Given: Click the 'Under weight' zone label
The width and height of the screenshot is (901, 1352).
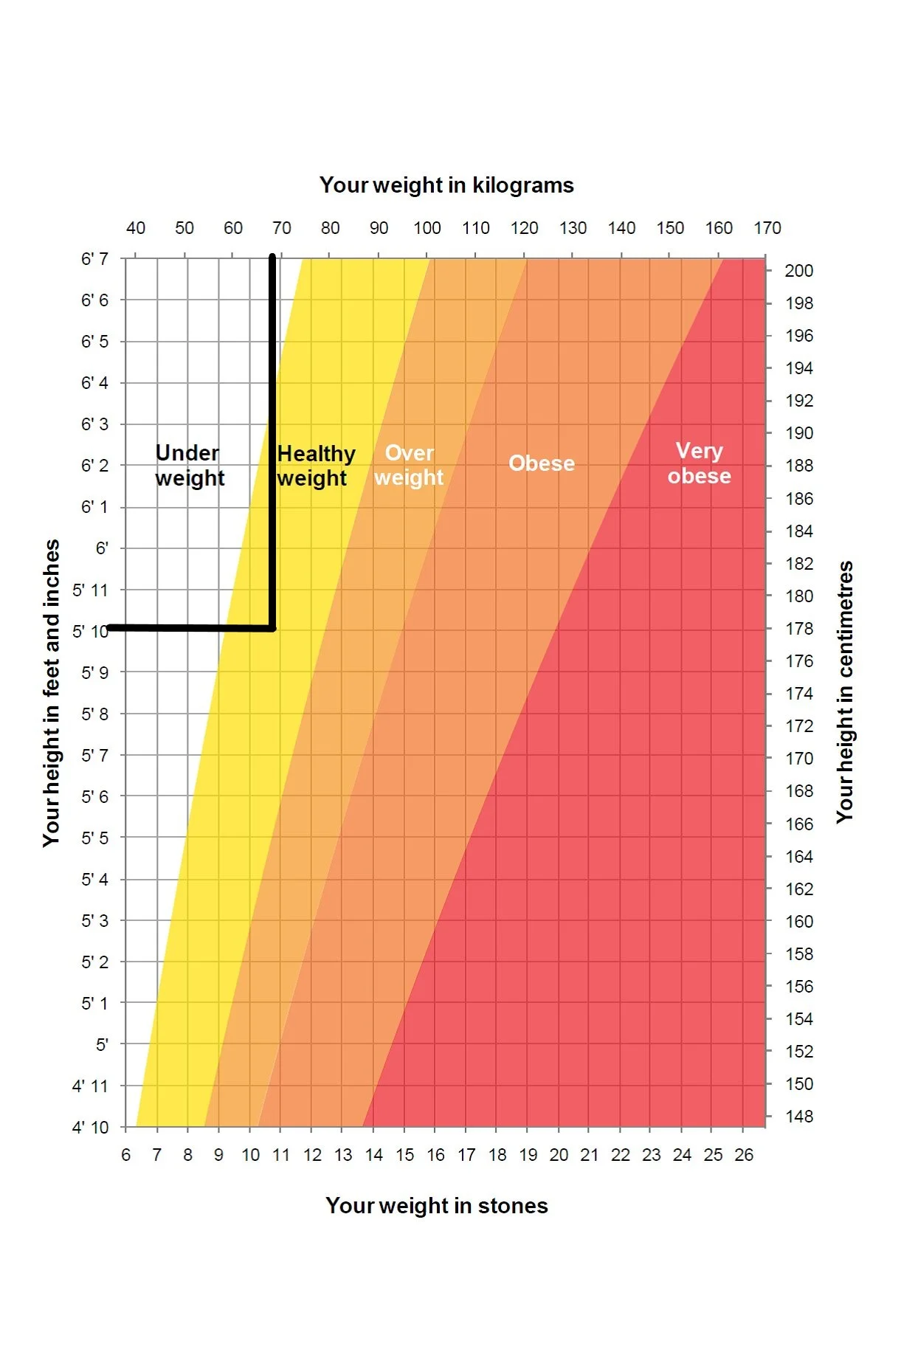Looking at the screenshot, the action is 190,465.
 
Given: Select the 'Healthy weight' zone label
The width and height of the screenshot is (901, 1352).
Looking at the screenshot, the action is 316,466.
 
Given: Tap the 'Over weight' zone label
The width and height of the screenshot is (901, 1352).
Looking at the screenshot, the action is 409,465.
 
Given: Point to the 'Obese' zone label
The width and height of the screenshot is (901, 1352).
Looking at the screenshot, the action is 542,463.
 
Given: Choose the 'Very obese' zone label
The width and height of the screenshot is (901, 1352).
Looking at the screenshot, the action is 699,463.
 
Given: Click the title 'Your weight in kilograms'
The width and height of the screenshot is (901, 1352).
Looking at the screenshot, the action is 446,185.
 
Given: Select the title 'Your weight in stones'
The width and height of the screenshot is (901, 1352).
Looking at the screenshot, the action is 437,1206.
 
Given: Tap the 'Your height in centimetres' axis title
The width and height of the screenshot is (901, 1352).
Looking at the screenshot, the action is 845,692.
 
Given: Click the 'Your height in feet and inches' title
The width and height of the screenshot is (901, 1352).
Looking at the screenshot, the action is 51,693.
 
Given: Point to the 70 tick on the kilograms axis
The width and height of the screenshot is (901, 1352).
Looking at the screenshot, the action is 282,228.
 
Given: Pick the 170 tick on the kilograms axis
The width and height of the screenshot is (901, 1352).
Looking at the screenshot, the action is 767,228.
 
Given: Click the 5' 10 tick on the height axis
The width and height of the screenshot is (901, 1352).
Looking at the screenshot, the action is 90,632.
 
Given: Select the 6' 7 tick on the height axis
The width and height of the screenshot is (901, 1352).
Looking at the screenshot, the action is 94,259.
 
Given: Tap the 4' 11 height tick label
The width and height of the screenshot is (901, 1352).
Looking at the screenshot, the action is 90,1086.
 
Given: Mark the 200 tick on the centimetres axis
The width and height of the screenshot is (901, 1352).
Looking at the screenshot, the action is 799,271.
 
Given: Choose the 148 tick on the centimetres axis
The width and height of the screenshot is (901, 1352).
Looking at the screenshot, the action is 799,1117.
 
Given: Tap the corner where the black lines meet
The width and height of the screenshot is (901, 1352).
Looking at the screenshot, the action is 272,629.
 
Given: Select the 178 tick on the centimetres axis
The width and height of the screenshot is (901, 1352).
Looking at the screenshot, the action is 799,629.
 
